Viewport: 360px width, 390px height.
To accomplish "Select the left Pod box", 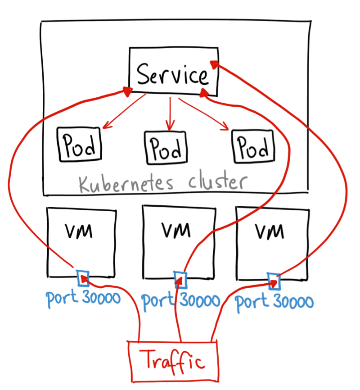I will pos(79,144).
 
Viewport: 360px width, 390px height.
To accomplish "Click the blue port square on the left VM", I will pos(83,278).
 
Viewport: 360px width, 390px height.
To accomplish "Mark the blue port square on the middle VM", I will pos(180,279).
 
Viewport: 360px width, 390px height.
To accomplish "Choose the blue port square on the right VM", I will pos(274,281).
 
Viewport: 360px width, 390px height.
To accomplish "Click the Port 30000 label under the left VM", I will pos(83,299).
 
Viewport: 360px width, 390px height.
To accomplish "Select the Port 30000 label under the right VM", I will pos(274,302).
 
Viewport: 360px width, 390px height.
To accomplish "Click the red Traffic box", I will pos(173,361).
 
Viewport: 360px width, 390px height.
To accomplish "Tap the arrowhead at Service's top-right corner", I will pos(216,63).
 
